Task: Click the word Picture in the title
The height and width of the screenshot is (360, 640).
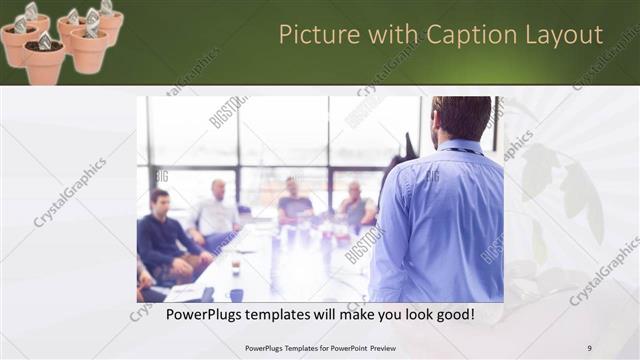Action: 312,35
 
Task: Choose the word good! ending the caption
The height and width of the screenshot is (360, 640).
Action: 453,314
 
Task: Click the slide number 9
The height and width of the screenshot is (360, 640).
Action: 589,348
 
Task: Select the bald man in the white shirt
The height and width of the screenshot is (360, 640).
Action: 216,210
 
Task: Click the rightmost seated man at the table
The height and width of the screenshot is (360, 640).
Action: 355,205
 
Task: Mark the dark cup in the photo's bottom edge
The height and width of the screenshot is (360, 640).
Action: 236,294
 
